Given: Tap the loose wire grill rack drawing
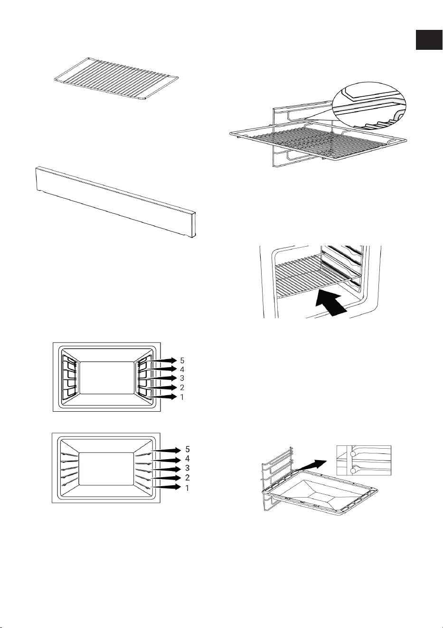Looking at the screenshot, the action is [116, 78].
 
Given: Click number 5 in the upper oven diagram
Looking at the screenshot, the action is [182, 360].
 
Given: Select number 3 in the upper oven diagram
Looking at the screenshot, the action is [182, 379].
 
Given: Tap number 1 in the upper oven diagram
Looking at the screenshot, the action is [182, 397].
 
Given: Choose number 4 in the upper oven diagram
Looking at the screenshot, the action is [182, 369].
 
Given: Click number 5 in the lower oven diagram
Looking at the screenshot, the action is [188, 449].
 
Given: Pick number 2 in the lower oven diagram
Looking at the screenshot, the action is [188, 478].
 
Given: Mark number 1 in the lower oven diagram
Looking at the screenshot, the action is [188, 488].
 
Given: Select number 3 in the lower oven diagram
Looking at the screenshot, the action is [188, 468].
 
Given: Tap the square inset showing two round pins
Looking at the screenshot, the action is [364, 461].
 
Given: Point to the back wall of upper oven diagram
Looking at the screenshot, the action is [107, 378].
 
